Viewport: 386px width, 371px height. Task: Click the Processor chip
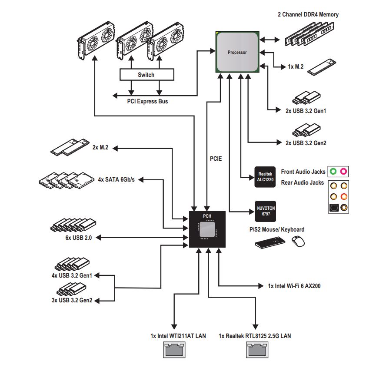point(237,52)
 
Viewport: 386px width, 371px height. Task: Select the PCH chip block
point(207,229)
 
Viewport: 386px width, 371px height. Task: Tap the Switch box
point(146,75)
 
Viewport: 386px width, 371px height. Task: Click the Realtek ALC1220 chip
point(265,177)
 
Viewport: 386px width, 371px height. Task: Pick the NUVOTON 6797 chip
point(265,212)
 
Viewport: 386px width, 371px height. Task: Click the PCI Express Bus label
point(147,102)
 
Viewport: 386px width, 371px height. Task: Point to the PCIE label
point(216,159)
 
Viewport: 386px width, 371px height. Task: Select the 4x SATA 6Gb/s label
point(116,179)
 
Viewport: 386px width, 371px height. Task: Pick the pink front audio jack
point(343,172)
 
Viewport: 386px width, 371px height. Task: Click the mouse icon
point(297,241)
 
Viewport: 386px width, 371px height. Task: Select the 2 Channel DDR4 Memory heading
point(308,14)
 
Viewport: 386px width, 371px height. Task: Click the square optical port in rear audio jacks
point(333,207)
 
